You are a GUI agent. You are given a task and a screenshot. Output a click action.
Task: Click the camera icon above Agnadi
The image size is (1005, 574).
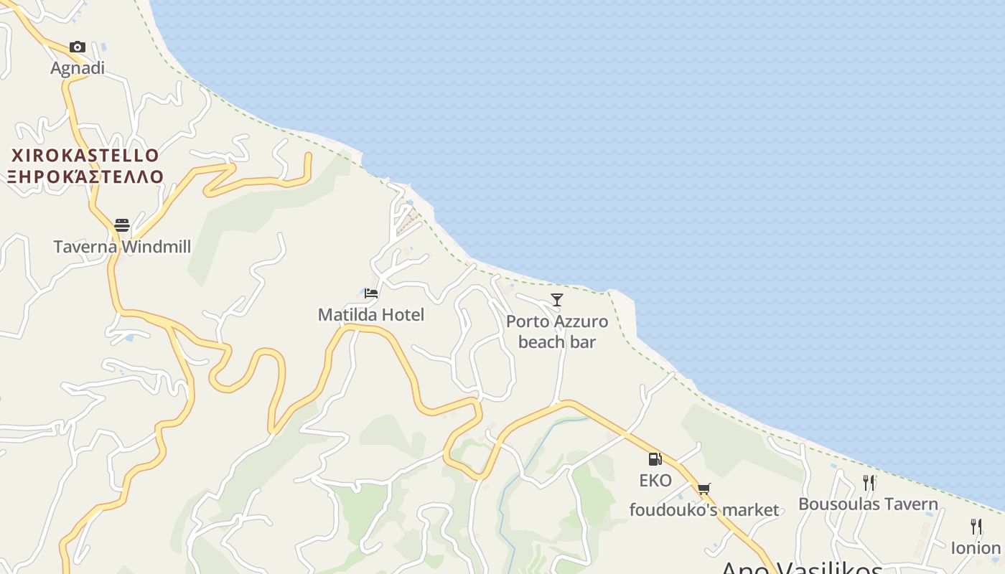(x=78, y=47)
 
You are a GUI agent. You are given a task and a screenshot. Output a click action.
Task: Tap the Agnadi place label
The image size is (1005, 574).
(x=78, y=68)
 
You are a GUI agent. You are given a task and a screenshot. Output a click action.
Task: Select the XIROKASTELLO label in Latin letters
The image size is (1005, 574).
(x=85, y=156)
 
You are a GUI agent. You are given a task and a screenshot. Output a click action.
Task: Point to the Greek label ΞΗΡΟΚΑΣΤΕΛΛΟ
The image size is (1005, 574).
(x=85, y=177)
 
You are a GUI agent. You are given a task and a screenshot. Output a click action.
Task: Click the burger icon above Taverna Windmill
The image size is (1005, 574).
(x=122, y=225)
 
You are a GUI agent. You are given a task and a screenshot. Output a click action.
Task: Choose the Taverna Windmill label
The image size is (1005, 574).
(x=122, y=247)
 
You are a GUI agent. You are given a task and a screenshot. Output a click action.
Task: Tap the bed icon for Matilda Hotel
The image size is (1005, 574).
(x=371, y=293)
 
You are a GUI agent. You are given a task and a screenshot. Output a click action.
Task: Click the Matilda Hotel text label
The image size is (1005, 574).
(x=371, y=314)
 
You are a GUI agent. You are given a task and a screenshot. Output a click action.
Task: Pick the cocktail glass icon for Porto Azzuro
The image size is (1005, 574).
(x=557, y=299)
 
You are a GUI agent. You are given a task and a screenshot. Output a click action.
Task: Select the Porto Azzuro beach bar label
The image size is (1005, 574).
(x=557, y=331)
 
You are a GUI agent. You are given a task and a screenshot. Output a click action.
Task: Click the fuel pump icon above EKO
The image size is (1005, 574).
(x=655, y=459)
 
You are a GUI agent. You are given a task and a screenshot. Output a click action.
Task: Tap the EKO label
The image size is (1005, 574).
(x=655, y=480)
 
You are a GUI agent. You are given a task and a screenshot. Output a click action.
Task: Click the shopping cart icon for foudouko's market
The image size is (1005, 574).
(x=703, y=489)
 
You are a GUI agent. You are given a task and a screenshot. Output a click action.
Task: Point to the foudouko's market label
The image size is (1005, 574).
(x=703, y=510)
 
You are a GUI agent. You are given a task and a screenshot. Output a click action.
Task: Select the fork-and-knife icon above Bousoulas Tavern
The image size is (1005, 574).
(x=869, y=482)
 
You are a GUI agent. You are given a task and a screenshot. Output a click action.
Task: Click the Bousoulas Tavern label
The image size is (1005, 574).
(x=868, y=504)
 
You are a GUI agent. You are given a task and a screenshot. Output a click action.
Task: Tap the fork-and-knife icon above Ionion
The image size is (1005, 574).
(x=976, y=527)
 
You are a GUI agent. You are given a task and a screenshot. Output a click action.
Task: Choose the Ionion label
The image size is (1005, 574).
(x=976, y=548)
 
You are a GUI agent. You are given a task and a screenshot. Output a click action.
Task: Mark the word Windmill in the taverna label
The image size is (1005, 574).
(x=156, y=247)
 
